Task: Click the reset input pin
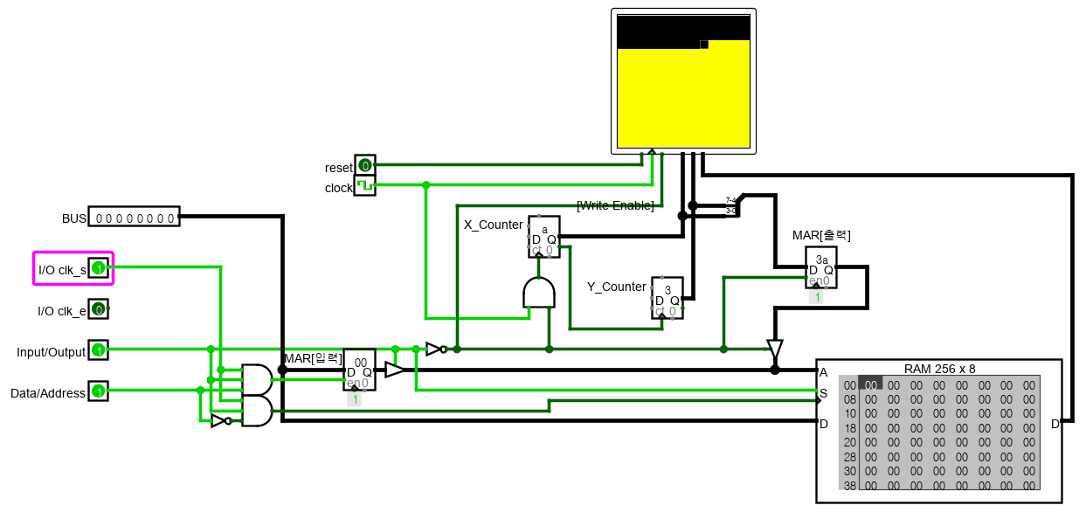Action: [364, 165]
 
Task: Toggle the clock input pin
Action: [364, 185]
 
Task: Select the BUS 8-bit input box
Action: [134, 217]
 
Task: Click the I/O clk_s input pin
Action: [99, 268]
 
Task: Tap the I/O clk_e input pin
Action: [99, 309]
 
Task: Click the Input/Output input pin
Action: [99, 351]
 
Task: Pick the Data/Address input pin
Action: [99, 391]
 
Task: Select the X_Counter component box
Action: [543, 237]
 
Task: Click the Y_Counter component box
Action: [667, 298]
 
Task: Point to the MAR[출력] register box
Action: [820, 267]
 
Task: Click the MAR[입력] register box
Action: [359, 370]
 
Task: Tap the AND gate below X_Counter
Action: [538, 293]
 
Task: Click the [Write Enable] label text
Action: [615, 205]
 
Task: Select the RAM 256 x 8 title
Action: [939, 369]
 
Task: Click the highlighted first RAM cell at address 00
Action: [870, 384]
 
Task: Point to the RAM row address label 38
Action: [849, 485]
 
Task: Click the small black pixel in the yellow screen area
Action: [703, 45]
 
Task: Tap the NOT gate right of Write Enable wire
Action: [435, 349]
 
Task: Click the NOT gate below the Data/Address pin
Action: [220, 421]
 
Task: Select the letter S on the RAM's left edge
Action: [823, 392]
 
